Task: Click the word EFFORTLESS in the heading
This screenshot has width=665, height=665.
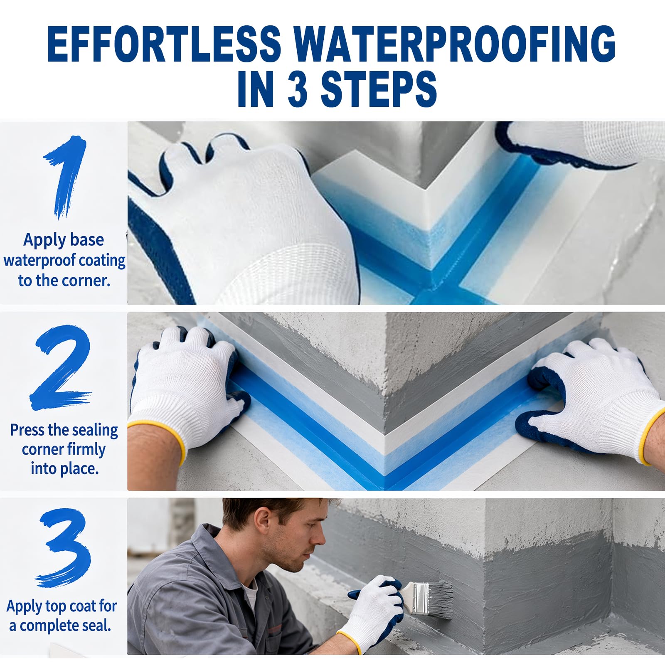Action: click(x=164, y=44)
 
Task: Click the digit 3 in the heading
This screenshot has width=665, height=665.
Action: click(x=298, y=89)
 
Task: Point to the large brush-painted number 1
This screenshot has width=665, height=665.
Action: click(x=66, y=177)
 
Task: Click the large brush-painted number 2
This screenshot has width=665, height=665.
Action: click(x=62, y=367)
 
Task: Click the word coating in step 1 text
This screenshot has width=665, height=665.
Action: click(x=102, y=261)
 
